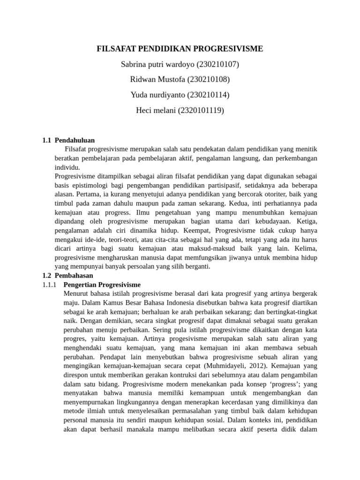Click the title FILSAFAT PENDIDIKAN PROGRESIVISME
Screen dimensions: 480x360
pos(180,49)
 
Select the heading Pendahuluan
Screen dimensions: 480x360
pos(75,140)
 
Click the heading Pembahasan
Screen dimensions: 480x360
pos(74,276)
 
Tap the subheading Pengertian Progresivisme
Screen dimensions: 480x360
pos(102,285)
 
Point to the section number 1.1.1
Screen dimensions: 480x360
pos(49,285)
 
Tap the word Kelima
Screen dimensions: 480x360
pos(305,248)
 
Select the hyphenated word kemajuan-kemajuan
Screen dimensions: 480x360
pos(127,366)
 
